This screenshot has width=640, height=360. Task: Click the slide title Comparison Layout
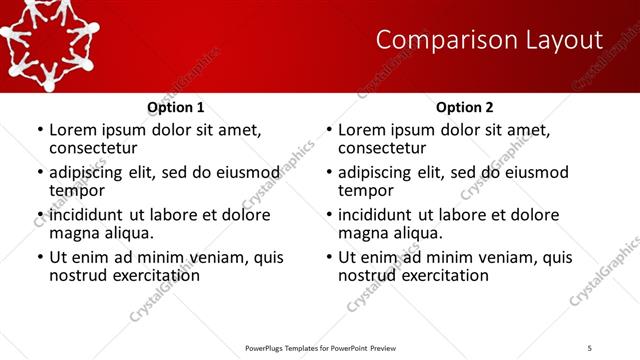pos(489,40)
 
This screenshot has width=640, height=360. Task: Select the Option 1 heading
pos(175,107)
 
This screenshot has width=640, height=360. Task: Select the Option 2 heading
pos(464,107)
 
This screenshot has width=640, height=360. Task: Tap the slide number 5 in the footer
pos(589,347)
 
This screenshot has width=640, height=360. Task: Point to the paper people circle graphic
pos(50,35)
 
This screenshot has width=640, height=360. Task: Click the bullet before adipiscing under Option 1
pos(40,173)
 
